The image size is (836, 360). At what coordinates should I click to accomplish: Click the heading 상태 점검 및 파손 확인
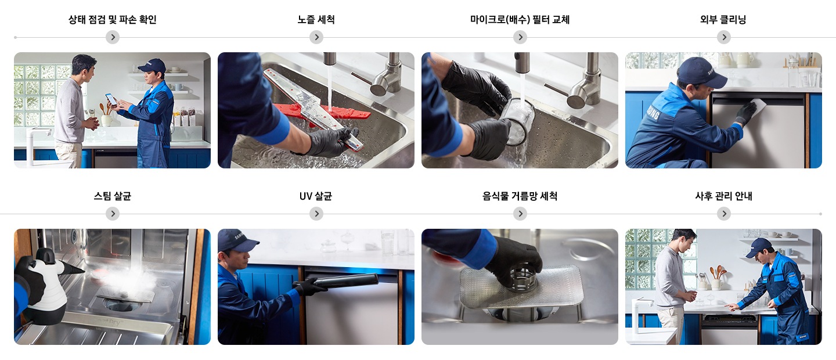tap(113, 20)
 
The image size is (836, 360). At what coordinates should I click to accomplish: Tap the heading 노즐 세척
tap(316, 20)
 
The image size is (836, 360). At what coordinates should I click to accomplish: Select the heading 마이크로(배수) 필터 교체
tap(520, 20)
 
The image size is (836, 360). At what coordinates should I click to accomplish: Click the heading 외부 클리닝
tap(723, 20)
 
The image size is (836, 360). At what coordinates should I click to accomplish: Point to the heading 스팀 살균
tap(113, 196)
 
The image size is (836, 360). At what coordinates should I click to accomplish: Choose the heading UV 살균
tap(316, 196)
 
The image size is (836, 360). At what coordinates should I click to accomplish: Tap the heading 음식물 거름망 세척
tap(520, 196)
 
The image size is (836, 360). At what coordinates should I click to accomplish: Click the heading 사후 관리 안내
tap(723, 196)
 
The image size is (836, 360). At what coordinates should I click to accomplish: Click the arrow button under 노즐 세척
tap(316, 37)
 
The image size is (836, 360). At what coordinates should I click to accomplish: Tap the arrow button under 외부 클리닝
tap(724, 37)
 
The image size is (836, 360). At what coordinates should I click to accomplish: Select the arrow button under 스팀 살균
tap(113, 214)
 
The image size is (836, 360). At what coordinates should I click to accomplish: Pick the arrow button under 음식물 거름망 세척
tap(520, 214)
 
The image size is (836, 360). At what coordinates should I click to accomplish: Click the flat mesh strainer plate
tap(521, 287)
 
